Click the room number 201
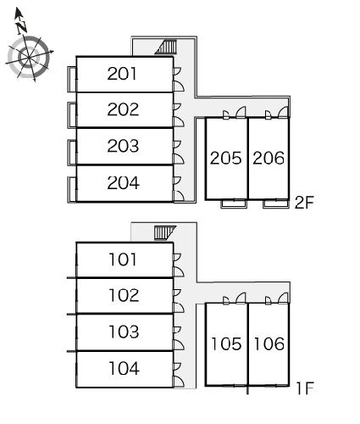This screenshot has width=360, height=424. click(x=122, y=74)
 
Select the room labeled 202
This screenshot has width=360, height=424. click(x=123, y=109)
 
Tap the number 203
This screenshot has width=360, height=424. click(x=123, y=146)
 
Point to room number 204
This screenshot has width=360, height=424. click(x=124, y=183)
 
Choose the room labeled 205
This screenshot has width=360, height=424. click(x=226, y=158)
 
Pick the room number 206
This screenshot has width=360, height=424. click(x=269, y=158)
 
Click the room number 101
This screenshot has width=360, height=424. click(x=123, y=259)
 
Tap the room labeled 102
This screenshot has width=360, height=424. click(x=124, y=295)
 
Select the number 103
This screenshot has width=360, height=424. click(x=124, y=332)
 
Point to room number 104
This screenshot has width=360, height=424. click(x=125, y=369)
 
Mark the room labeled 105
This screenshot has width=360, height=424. click(x=226, y=344)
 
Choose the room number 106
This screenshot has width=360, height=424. click(x=269, y=344)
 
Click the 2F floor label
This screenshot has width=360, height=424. click(x=304, y=203)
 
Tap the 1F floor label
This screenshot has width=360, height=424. click(x=305, y=388)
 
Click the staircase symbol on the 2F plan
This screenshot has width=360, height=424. click(x=166, y=47)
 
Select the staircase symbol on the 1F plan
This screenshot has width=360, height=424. click(x=165, y=232)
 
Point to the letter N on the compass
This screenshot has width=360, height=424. click(x=21, y=27)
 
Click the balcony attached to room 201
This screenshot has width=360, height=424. click(x=72, y=80)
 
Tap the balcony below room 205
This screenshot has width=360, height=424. click(x=234, y=204)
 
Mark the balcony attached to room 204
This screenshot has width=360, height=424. click(x=72, y=189)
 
